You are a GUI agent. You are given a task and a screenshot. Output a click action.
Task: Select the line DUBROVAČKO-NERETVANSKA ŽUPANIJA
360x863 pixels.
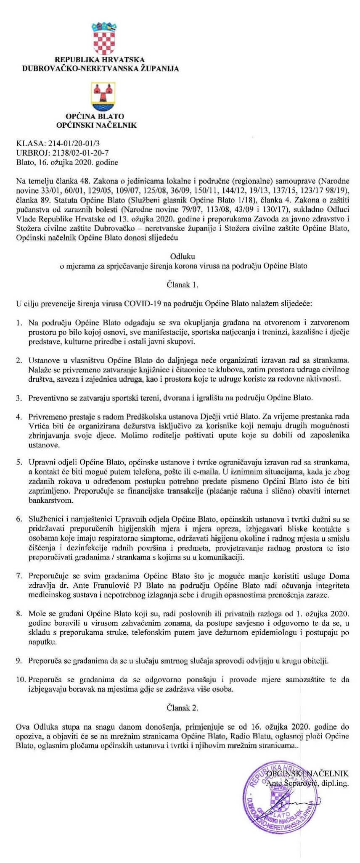[x=101, y=68]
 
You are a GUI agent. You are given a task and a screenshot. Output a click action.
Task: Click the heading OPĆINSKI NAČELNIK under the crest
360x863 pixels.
[x=96, y=125]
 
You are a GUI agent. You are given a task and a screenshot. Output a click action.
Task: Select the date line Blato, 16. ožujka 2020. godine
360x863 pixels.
[x=67, y=162]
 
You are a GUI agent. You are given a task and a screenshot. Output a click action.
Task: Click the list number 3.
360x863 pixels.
[x=19, y=397]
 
